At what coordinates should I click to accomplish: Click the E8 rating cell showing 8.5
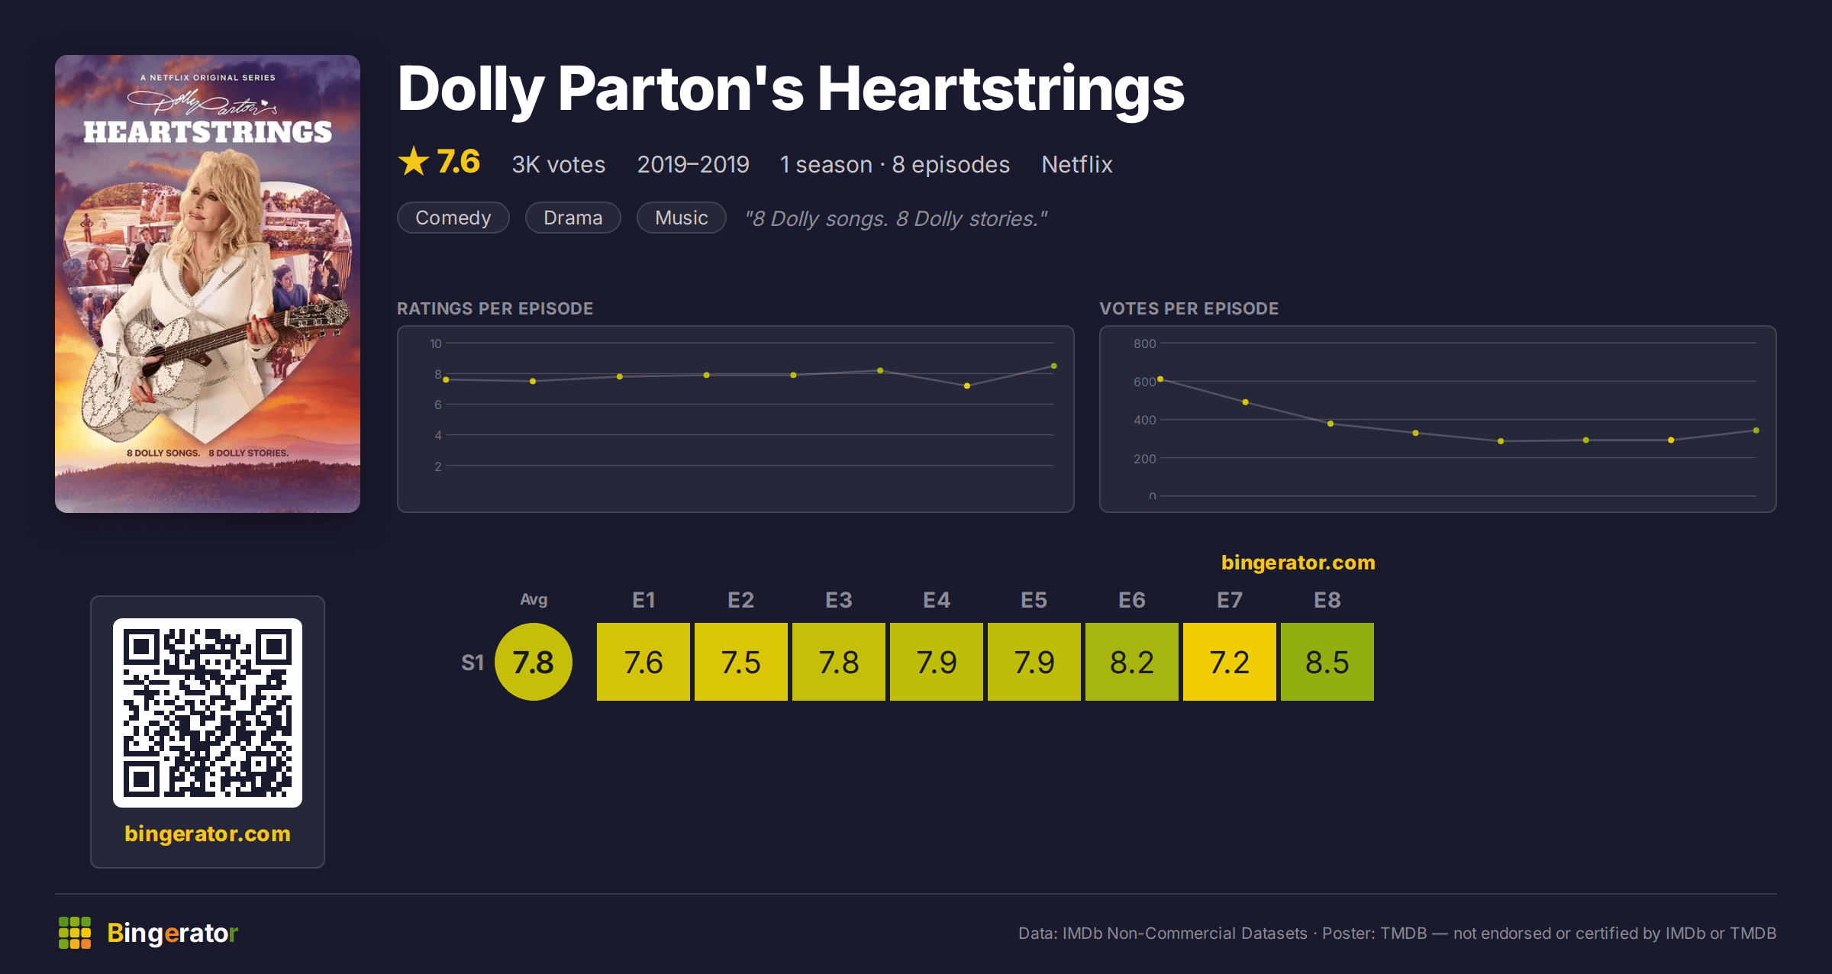[1327, 662]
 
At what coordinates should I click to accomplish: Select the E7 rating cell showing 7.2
[1230, 662]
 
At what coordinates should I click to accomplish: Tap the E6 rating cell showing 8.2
[1132, 662]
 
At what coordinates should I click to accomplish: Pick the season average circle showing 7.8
[534, 662]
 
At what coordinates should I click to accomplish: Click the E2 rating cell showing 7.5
[741, 662]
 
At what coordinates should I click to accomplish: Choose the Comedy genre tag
[453, 218]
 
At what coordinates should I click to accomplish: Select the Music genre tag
[682, 218]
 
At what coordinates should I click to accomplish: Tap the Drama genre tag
[573, 218]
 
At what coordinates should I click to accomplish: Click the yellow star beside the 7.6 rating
[414, 161]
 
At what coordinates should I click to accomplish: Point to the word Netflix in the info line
[1077, 164]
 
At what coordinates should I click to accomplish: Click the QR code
[208, 713]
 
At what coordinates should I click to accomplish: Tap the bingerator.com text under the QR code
[208, 834]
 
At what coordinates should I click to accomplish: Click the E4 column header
[937, 600]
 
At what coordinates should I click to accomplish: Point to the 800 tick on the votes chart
[1144, 343]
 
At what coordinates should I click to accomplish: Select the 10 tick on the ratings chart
[436, 343]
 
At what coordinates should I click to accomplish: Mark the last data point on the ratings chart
[1054, 366]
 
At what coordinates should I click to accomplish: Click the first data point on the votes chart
[1160, 379]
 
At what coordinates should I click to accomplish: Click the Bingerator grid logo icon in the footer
[75, 933]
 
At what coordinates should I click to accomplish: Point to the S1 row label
[473, 663]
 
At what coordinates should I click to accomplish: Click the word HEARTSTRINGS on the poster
[208, 132]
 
